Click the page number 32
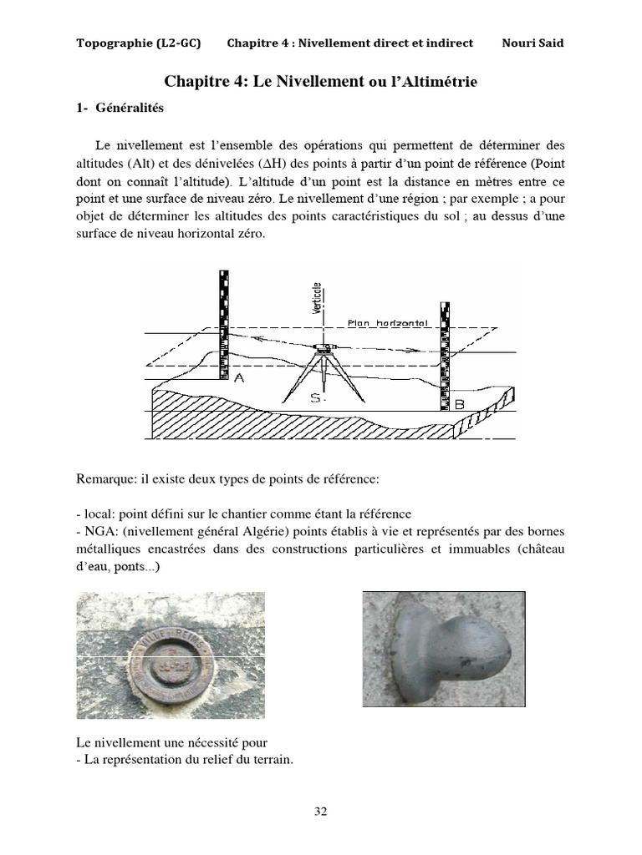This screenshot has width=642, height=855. point(320,811)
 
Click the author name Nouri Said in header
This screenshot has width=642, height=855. point(533,43)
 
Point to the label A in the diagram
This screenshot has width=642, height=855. point(239,378)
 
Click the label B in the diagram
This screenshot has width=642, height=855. point(459,404)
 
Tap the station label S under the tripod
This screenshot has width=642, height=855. point(317,399)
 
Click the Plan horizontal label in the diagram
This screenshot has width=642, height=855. point(386,322)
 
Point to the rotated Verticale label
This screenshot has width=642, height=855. point(318,297)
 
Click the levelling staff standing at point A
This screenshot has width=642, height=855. point(223,326)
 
